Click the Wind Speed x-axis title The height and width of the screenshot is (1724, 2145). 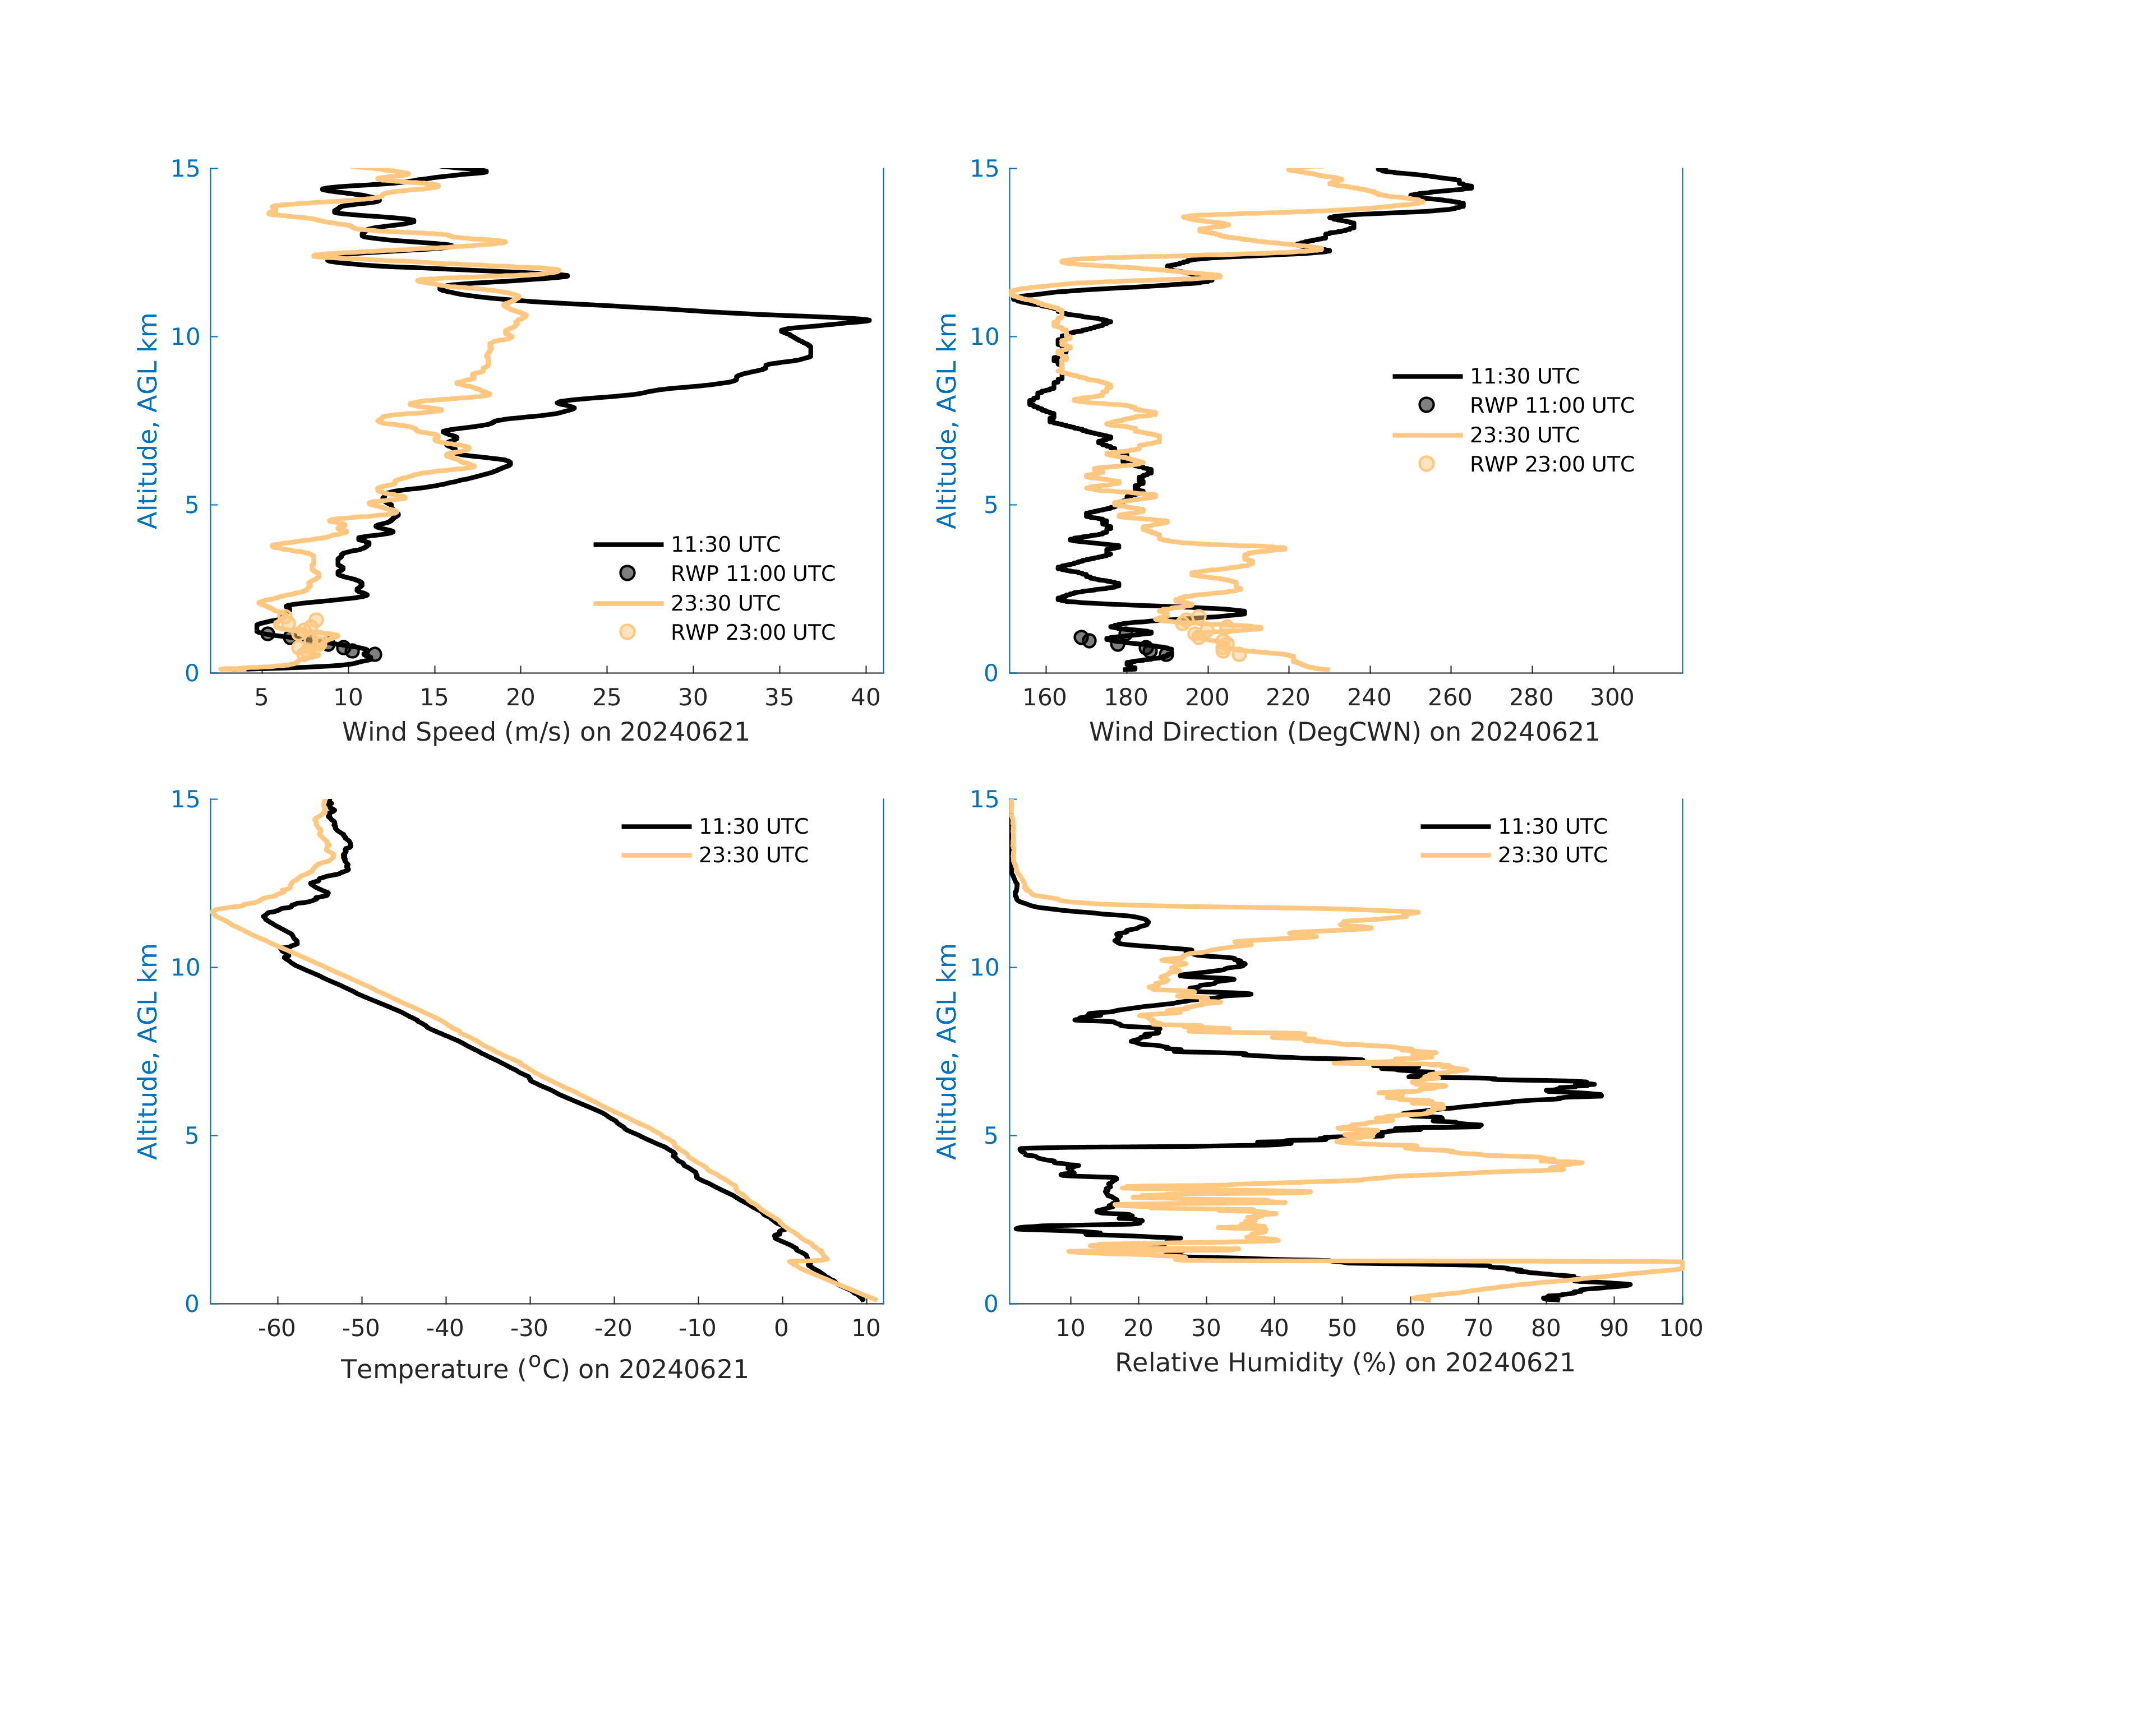545,732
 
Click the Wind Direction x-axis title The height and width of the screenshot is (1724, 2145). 1344,732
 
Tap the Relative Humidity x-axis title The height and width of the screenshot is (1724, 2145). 1344,1363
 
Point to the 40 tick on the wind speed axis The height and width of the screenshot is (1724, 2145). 865,697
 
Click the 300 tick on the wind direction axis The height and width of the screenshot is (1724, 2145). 1612,697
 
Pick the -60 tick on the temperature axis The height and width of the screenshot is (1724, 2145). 276,1328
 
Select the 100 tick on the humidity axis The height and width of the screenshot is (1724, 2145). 1680,1328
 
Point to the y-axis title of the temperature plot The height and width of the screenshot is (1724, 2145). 147,1052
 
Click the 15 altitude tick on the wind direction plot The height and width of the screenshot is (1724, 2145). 984,169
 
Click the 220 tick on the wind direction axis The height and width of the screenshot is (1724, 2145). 1288,697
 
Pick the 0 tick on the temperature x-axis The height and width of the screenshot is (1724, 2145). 781,1328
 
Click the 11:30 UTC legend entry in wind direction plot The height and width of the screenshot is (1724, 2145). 1524,377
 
